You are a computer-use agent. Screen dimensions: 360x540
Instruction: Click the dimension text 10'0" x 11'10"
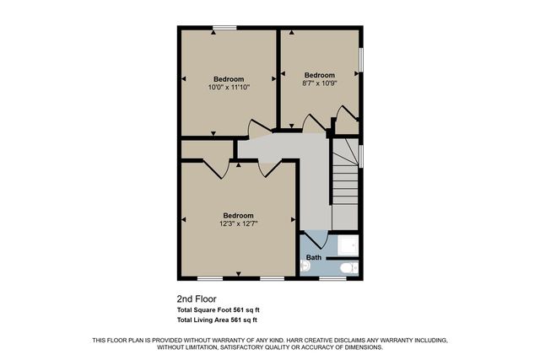point(228,87)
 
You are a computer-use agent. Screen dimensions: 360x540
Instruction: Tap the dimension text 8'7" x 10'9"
point(319,83)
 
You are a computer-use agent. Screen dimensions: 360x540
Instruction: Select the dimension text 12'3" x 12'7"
point(238,223)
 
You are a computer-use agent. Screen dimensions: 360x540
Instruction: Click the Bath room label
point(314,257)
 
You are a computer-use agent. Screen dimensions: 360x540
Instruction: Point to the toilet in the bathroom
point(345,268)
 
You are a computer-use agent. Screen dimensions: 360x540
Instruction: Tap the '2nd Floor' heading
point(197,298)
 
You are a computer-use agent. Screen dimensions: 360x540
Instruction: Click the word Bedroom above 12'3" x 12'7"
point(238,215)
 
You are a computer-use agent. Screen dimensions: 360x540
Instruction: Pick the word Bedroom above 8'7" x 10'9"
point(319,75)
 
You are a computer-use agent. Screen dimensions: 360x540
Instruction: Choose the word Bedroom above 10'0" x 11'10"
point(228,78)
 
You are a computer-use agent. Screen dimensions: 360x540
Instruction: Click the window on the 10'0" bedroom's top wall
point(224,29)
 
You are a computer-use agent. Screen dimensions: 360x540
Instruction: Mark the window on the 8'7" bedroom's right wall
point(362,59)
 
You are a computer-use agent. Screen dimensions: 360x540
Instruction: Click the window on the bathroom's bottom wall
point(332,278)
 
